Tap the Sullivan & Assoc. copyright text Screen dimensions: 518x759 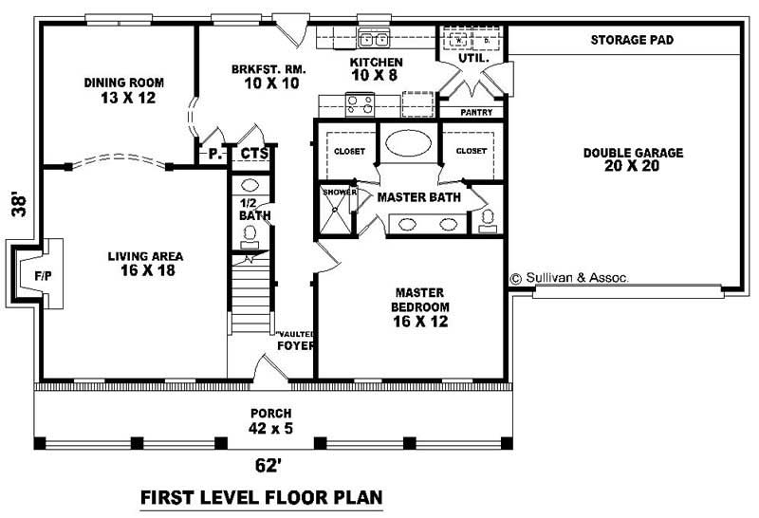click(x=568, y=279)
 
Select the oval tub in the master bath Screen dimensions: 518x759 click(x=409, y=143)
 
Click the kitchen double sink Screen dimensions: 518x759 click(x=374, y=40)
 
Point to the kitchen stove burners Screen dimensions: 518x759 click(x=359, y=102)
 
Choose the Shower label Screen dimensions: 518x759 click(x=339, y=193)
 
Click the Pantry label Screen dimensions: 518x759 click(x=474, y=112)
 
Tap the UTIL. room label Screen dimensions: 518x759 click(x=472, y=59)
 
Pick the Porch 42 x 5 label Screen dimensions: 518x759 click(x=270, y=421)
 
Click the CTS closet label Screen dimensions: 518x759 click(x=252, y=153)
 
